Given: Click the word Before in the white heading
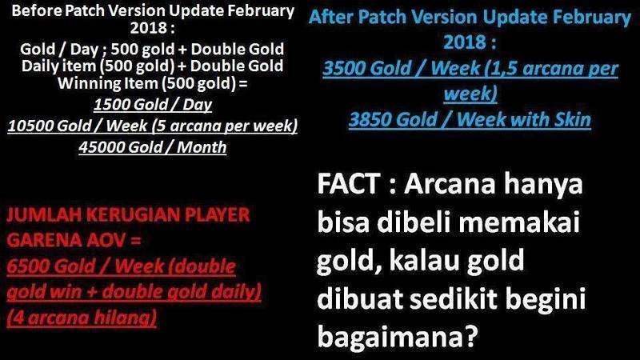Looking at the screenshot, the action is click(x=37, y=10).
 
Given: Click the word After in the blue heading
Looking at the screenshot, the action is click(x=330, y=17).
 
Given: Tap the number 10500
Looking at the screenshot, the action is click(x=30, y=126).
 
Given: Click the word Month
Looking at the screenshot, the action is click(x=202, y=147).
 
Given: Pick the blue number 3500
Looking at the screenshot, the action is click(x=346, y=68).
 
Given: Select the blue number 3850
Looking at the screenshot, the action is click(x=372, y=119).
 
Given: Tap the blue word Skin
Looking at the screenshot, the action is click(x=572, y=119).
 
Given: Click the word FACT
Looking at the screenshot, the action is click(x=349, y=184).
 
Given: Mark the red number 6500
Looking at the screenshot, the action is click(x=28, y=266).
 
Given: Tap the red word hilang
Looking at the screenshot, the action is click(x=125, y=317).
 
